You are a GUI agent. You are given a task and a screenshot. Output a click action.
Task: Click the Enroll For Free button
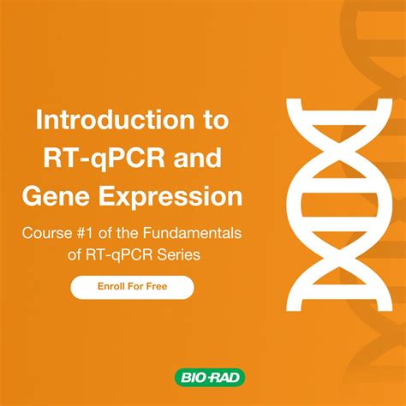tap(132, 287)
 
